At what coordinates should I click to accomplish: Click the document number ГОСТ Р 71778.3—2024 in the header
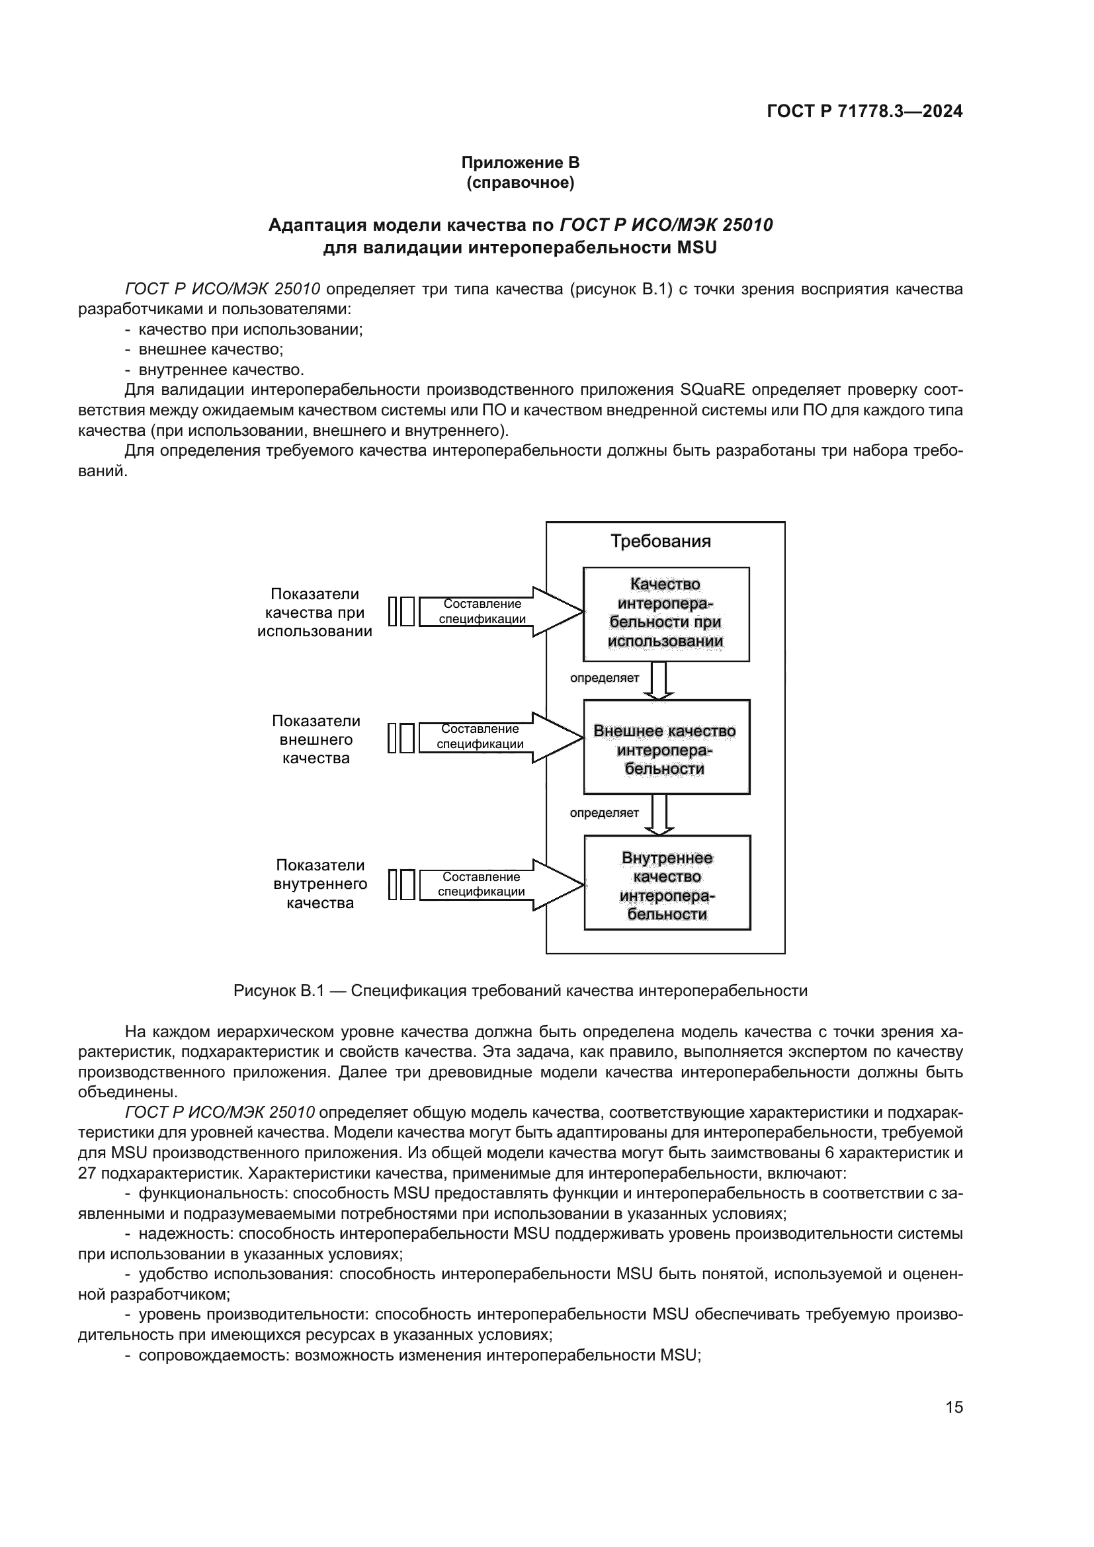(864, 111)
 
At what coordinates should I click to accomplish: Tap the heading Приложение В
(520, 163)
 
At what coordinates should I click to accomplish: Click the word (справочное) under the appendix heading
(520, 183)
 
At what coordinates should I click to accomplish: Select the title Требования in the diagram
(660, 541)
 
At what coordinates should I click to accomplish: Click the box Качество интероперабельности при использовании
(665, 613)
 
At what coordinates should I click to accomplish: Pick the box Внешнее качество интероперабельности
(665, 747)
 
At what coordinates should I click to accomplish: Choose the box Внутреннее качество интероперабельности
(667, 883)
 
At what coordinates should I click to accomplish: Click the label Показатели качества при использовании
(315, 612)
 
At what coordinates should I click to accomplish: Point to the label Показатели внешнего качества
(316, 739)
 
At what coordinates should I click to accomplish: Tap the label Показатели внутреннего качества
(320, 884)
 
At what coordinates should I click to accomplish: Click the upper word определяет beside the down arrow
(604, 678)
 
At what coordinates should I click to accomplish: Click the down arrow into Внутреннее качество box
(659, 814)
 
